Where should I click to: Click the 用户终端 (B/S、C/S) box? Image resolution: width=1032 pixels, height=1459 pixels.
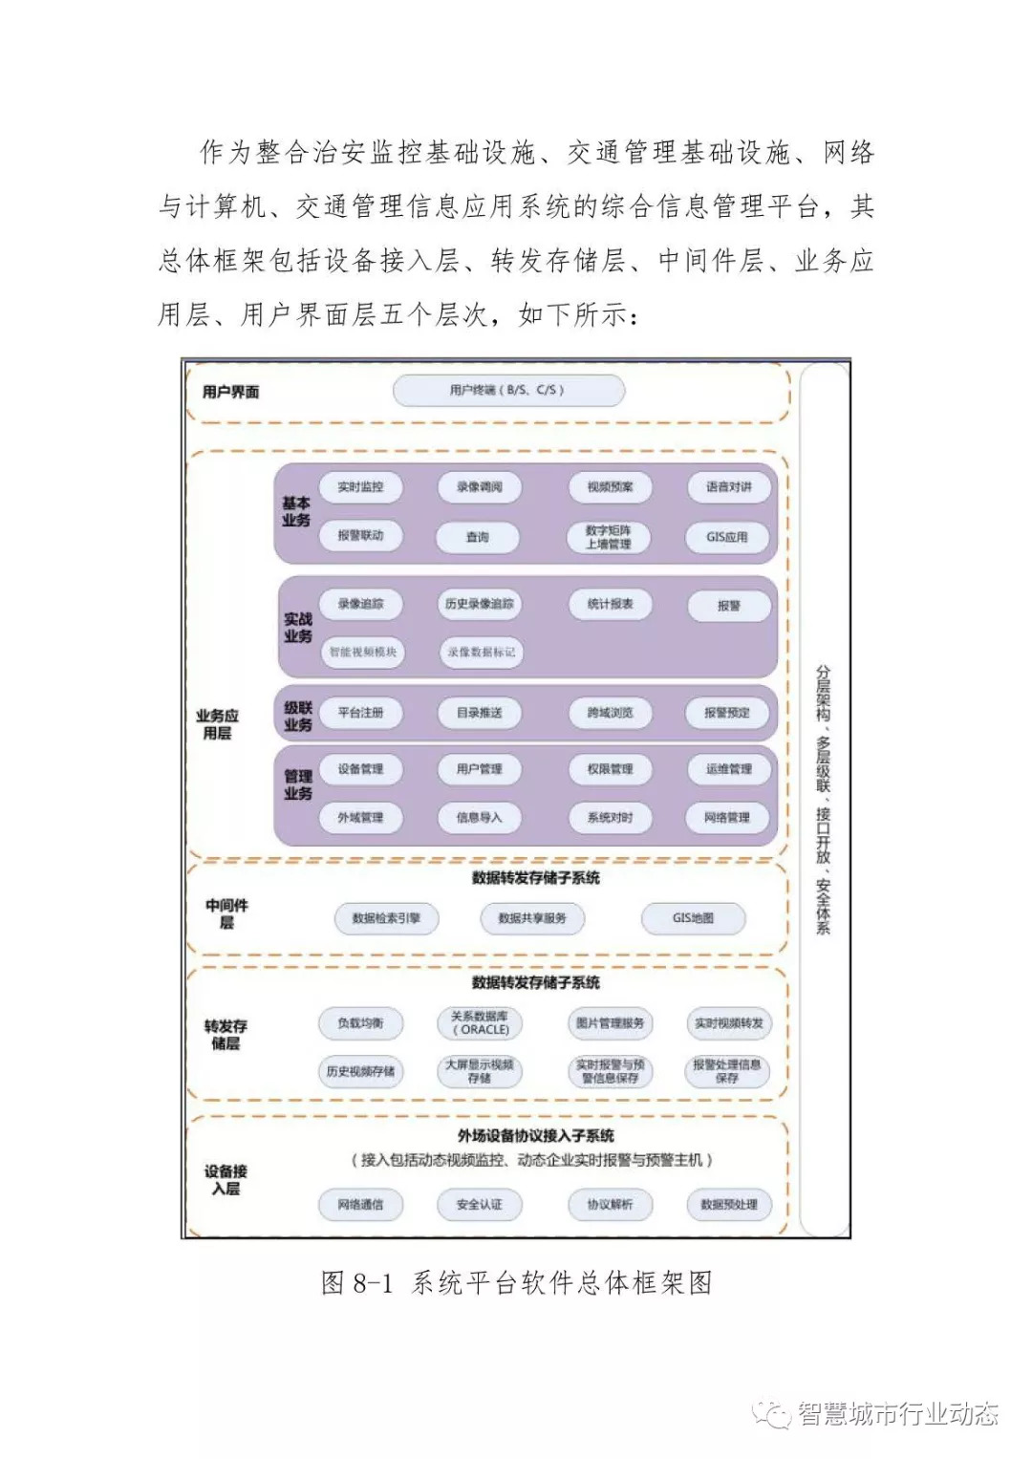(508, 391)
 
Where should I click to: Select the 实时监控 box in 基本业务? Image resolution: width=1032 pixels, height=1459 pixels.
(360, 487)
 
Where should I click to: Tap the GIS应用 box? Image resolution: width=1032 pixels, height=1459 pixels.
(727, 537)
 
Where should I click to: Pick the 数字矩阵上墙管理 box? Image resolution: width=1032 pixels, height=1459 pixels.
(609, 537)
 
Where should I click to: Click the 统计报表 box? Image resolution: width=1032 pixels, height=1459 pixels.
(611, 604)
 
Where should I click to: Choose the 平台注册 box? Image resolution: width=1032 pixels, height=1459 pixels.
(360, 713)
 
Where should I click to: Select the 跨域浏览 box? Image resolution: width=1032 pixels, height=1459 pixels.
(610, 713)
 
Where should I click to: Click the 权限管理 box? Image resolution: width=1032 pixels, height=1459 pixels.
(610, 769)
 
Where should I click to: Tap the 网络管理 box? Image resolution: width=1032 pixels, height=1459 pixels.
(727, 818)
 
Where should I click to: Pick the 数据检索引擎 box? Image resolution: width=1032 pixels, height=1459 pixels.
(386, 918)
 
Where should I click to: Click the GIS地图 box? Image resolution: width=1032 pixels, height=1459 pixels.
(693, 918)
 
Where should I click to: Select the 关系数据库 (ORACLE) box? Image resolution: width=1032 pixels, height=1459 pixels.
(480, 1023)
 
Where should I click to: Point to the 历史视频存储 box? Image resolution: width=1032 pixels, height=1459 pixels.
(360, 1072)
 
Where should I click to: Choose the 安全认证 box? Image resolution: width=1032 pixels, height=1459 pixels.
(479, 1205)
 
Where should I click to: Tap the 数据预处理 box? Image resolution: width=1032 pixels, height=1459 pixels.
(729, 1205)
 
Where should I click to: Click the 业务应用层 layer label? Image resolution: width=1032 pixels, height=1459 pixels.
(217, 724)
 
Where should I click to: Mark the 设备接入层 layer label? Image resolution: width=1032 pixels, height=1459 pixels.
(226, 1180)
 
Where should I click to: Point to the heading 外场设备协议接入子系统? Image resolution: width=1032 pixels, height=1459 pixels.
(535, 1136)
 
